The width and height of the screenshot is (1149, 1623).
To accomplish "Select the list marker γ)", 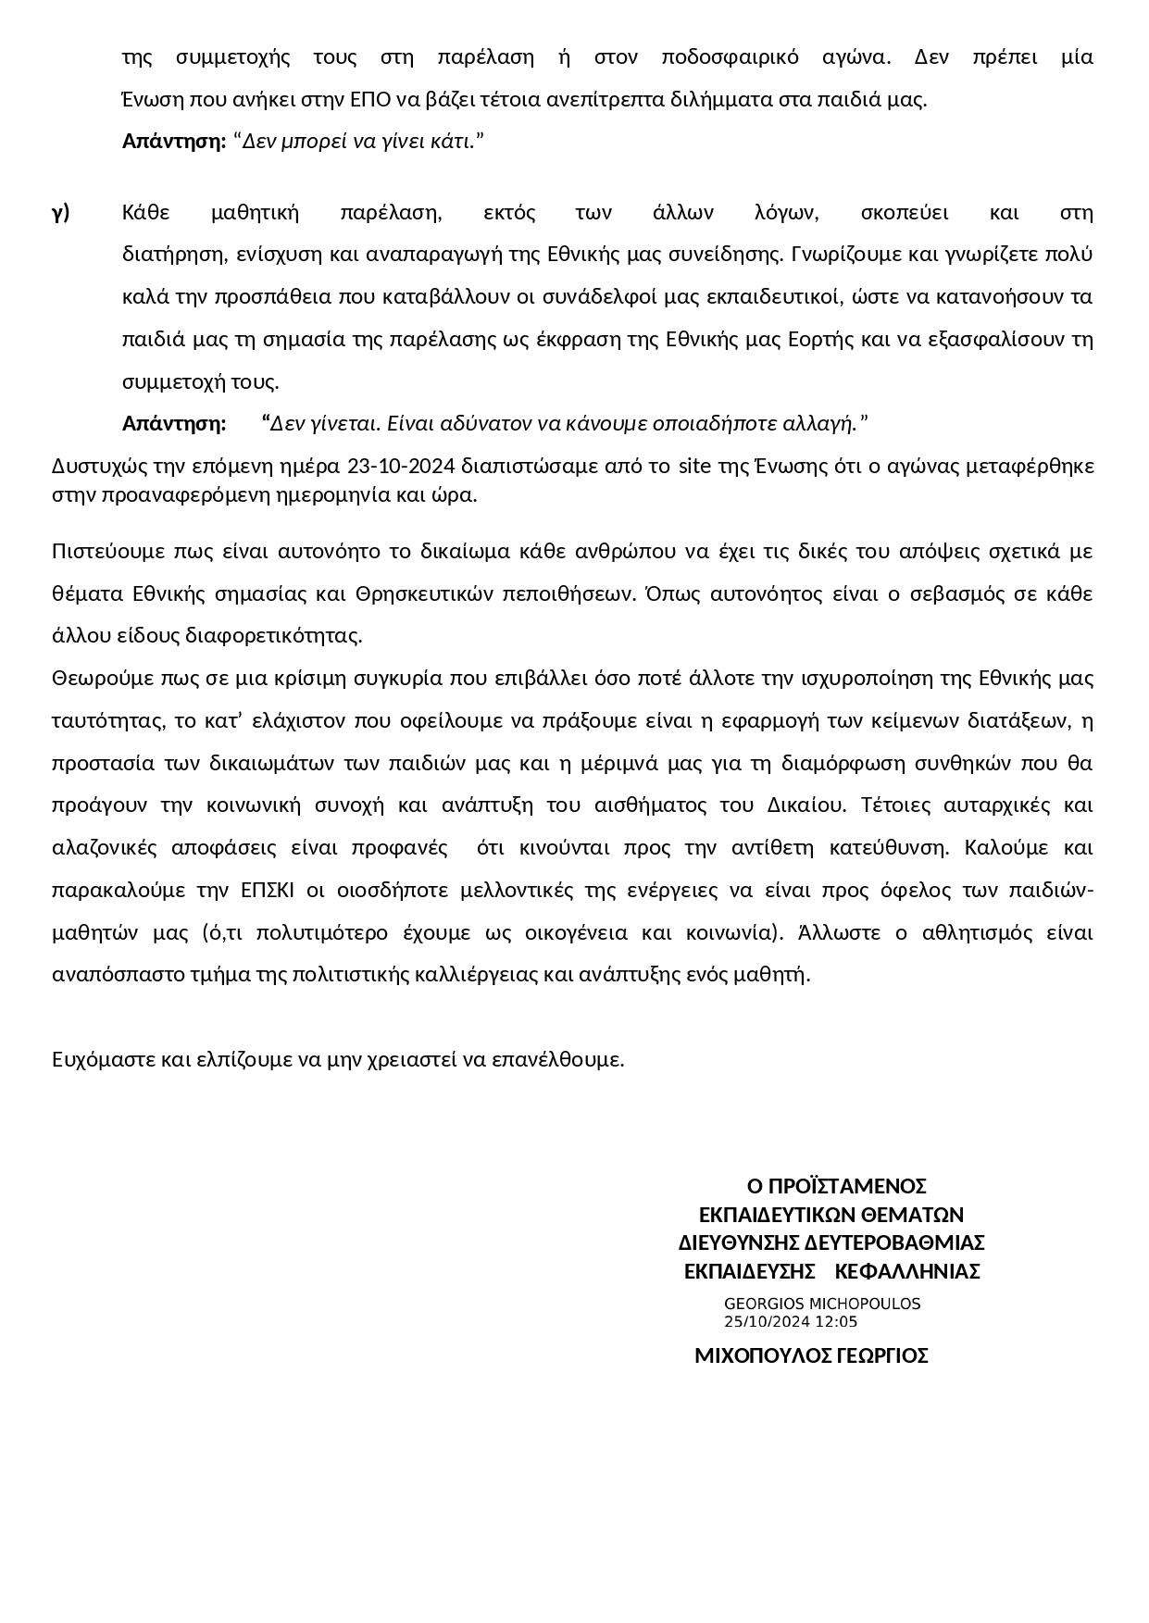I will (x=61, y=213).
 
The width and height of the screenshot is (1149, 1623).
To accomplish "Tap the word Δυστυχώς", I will (x=94, y=465).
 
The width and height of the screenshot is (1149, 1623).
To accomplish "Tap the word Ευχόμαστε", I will (x=103, y=1059).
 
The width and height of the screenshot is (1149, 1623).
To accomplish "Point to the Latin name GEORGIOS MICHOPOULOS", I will (x=822, y=1304).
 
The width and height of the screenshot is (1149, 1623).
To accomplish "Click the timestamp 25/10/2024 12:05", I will (x=791, y=1321).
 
